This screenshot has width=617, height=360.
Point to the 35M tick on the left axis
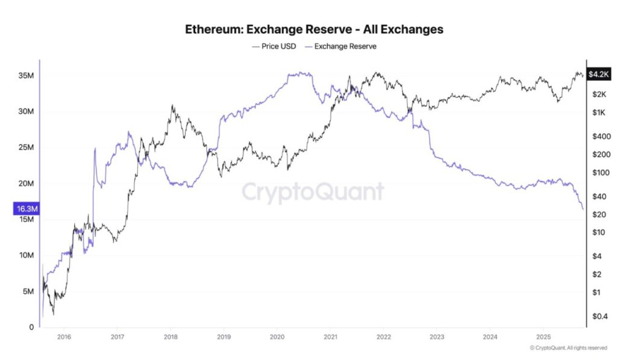(x=26, y=76)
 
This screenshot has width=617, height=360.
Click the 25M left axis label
(x=26, y=148)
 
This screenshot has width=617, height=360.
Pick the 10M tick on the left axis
(x=26, y=256)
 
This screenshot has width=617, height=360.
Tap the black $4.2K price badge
(x=600, y=75)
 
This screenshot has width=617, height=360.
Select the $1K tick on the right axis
(x=598, y=113)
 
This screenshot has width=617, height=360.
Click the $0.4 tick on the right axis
(x=600, y=316)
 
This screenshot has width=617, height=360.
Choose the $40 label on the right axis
(x=598, y=197)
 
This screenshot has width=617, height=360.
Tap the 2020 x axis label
(x=277, y=338)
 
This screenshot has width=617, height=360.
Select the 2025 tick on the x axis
(x=543, y=338)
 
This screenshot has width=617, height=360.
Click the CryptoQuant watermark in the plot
(x=312, y=192)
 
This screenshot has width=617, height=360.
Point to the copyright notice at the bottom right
(x=568, y=348)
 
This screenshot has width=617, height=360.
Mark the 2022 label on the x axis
(x=384, y=338)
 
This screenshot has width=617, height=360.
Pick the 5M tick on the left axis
(x=28, y=291)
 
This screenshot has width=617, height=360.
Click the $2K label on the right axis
(x=598, y=95)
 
